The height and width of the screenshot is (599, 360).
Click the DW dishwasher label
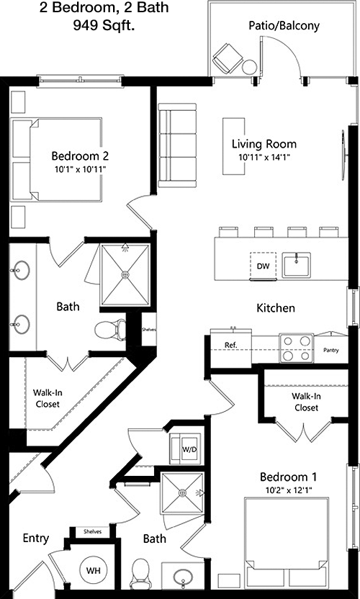pyautogui.click(x=263, y=266)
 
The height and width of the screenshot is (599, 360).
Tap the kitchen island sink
pyautogui.click(x=296, y=265)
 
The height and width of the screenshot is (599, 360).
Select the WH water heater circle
pyautogui.click(x=94, y=571)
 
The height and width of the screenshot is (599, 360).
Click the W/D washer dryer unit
pyautogui.click(x=185, y=449)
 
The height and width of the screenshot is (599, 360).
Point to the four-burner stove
pyautogui.click(x=296, y=348)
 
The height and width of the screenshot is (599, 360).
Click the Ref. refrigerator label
pyautogui.click(x=231, y=345)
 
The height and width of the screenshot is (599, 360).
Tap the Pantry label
pyautogui.click(x=331, y=350)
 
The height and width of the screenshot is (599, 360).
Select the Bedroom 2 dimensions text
pyautogui.click(x=79, y=169)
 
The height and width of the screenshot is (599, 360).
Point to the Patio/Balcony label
pyautogui.click(x=284, y=26)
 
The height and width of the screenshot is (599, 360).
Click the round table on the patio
pyautogui.click(x=250, y=67)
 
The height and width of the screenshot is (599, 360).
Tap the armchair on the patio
pyautogui.click(x=228, y=59)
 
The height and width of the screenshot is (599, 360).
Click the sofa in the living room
pyautogui.click(x=177, y=145)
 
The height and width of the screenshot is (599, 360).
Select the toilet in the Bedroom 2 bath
pyautogui.click(x=110, y=330)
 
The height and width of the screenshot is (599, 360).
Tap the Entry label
pyautogui.click(x=36, y=539)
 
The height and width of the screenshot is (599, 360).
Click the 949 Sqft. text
pyautogui.click(x=104, y=26)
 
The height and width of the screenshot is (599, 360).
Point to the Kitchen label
pyautogui.click(x=276, y=307)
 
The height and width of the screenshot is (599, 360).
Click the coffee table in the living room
pyautogui.click(x=234, y=146)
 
